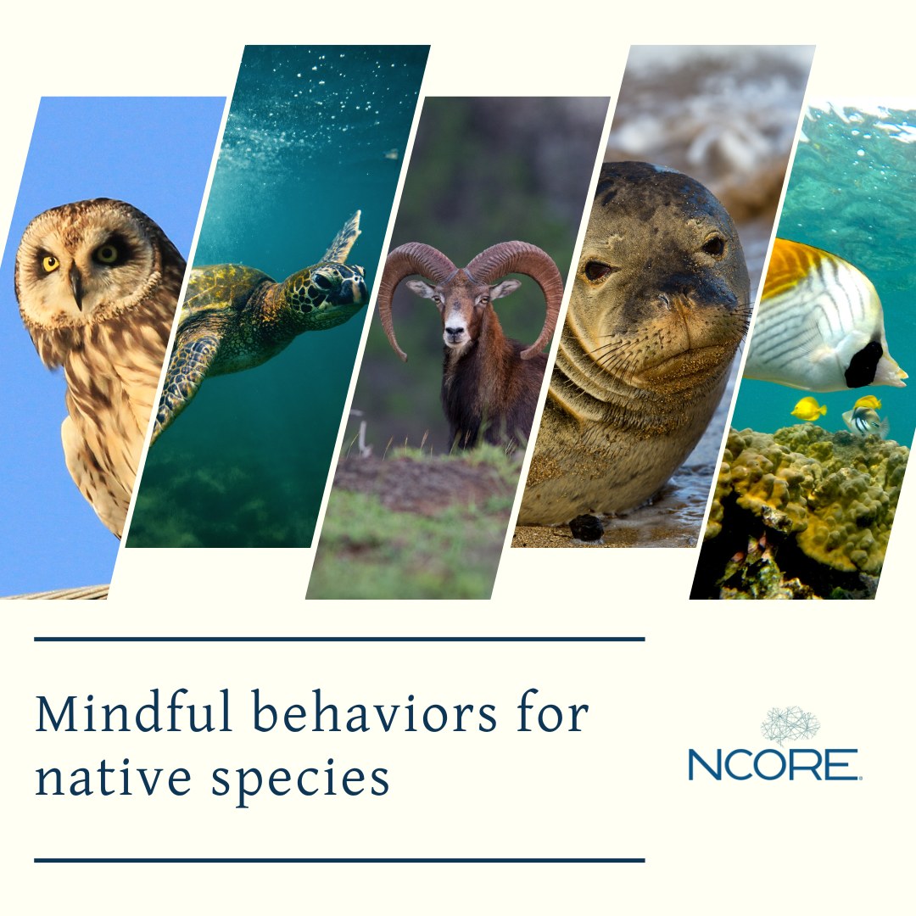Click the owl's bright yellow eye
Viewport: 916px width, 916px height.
click(x=51, y=264)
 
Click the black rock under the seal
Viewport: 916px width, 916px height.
click(x=586, y=528)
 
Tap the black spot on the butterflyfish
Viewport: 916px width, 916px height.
click(x=864, y=365)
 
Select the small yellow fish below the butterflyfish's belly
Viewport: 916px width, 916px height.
click(x=808, y=408)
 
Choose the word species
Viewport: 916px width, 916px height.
click(x=300, y=782)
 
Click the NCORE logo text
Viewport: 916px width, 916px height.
click(x=774, y=764)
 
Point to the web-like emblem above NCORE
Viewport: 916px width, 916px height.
click(x=790, y=725)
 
